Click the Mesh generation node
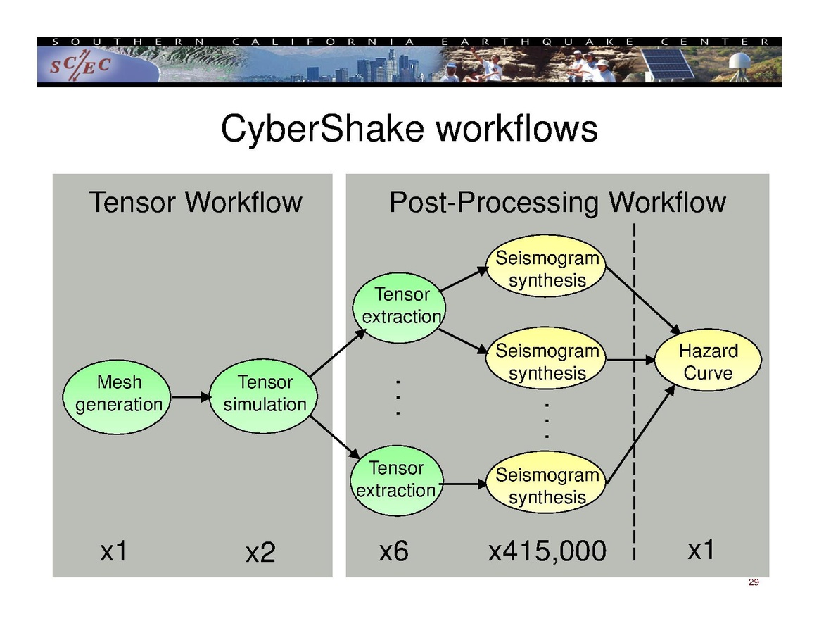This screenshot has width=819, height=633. (116, 394)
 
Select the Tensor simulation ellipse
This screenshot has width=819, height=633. (265, 394)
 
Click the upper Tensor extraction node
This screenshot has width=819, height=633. (401, 306)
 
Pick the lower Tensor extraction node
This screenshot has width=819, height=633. (397, 480)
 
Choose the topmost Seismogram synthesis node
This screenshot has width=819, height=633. (547, 269)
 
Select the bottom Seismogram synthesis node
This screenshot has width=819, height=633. (547, 487)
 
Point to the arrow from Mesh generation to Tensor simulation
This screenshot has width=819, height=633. (190, 397)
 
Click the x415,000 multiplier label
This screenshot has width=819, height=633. (547, 552)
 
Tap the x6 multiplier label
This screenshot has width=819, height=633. (393, 551)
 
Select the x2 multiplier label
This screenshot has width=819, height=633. (260, 553)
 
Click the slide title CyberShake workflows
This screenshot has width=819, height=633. (409, 130)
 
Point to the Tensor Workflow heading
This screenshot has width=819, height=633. (195, 203)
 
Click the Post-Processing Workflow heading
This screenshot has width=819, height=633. (557, 203)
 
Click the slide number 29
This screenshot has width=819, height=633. (754, 582)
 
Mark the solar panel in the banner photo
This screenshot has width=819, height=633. (668, 63)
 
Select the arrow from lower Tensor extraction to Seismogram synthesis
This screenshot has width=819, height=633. (464, 484)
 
